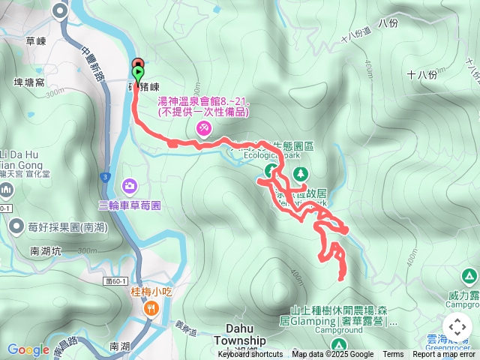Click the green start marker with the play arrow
coord(139,73)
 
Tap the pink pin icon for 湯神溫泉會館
coord(203,130)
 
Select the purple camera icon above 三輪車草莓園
coord(130,184)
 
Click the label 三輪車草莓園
coord(130,204)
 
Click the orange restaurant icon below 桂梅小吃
coord(151,307)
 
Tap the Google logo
coord(28,349)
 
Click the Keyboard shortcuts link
coord(250,355)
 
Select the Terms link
coord(393,355)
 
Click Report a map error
coord(445,355)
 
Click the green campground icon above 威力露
coord(469,277)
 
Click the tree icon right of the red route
coord(301,174)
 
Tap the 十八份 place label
coord(421,74)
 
